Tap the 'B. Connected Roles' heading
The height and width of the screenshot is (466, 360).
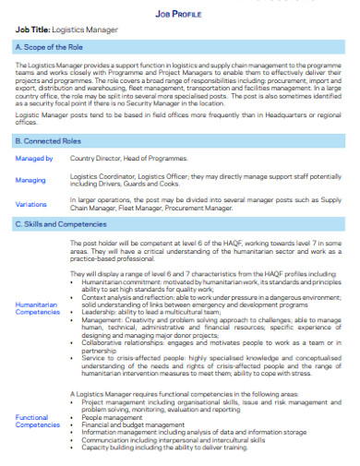click(x=49, y=141)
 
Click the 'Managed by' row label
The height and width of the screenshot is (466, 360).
click(x=35, y=159)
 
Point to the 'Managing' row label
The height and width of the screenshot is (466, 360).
click(x=31, y=181)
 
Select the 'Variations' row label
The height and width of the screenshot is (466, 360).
click(x=31, y=204)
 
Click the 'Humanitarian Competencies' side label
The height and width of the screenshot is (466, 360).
click(x=38, y=309)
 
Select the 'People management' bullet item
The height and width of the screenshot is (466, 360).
click(x=114, y=417)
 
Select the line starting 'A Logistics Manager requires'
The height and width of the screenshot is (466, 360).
click(x=185, y=393)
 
